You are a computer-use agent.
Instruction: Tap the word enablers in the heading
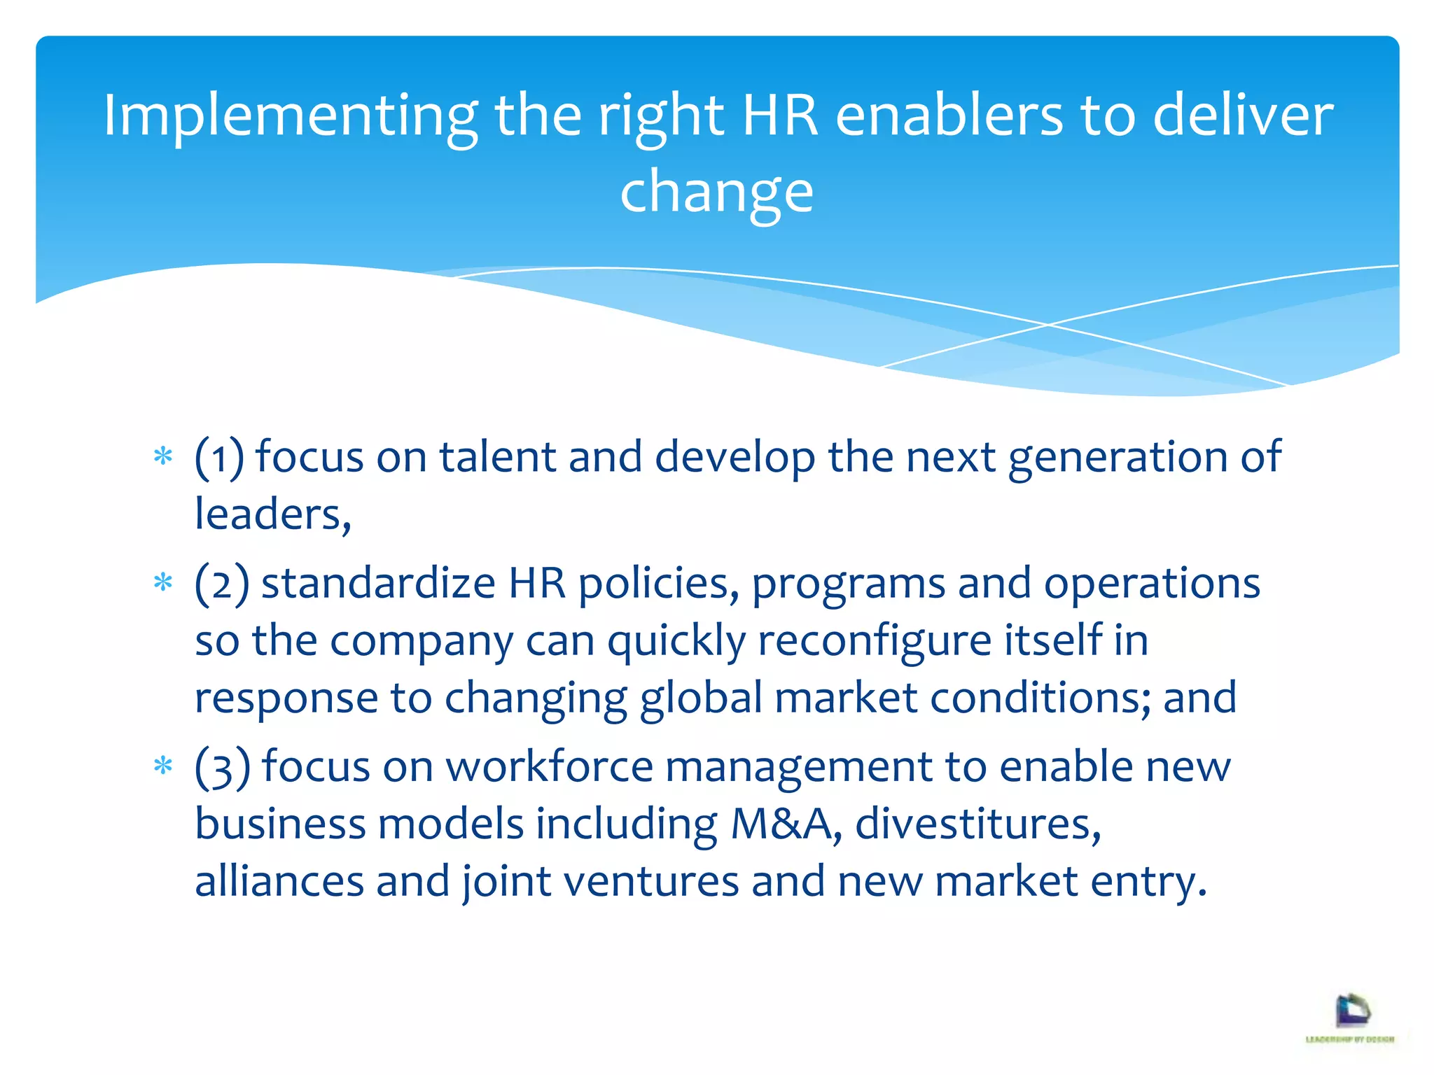pos(949,115)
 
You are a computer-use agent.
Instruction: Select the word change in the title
pos(716,191)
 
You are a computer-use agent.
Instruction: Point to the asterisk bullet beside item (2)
pos(163,583)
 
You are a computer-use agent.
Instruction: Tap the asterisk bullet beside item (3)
pos(163,766)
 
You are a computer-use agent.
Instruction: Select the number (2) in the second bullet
pos(222,584)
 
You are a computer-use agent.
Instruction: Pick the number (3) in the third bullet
pos(222,767)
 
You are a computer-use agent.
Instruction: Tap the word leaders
pos(272,514)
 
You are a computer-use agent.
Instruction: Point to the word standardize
pos(378,584)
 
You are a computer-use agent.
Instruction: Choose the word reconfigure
pos(875,641)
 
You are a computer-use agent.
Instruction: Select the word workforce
pos(550,767)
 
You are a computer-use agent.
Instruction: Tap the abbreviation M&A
pos(783,824)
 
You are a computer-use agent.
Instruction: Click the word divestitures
pos(977,824)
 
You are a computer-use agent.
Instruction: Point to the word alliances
pos(279,881)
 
